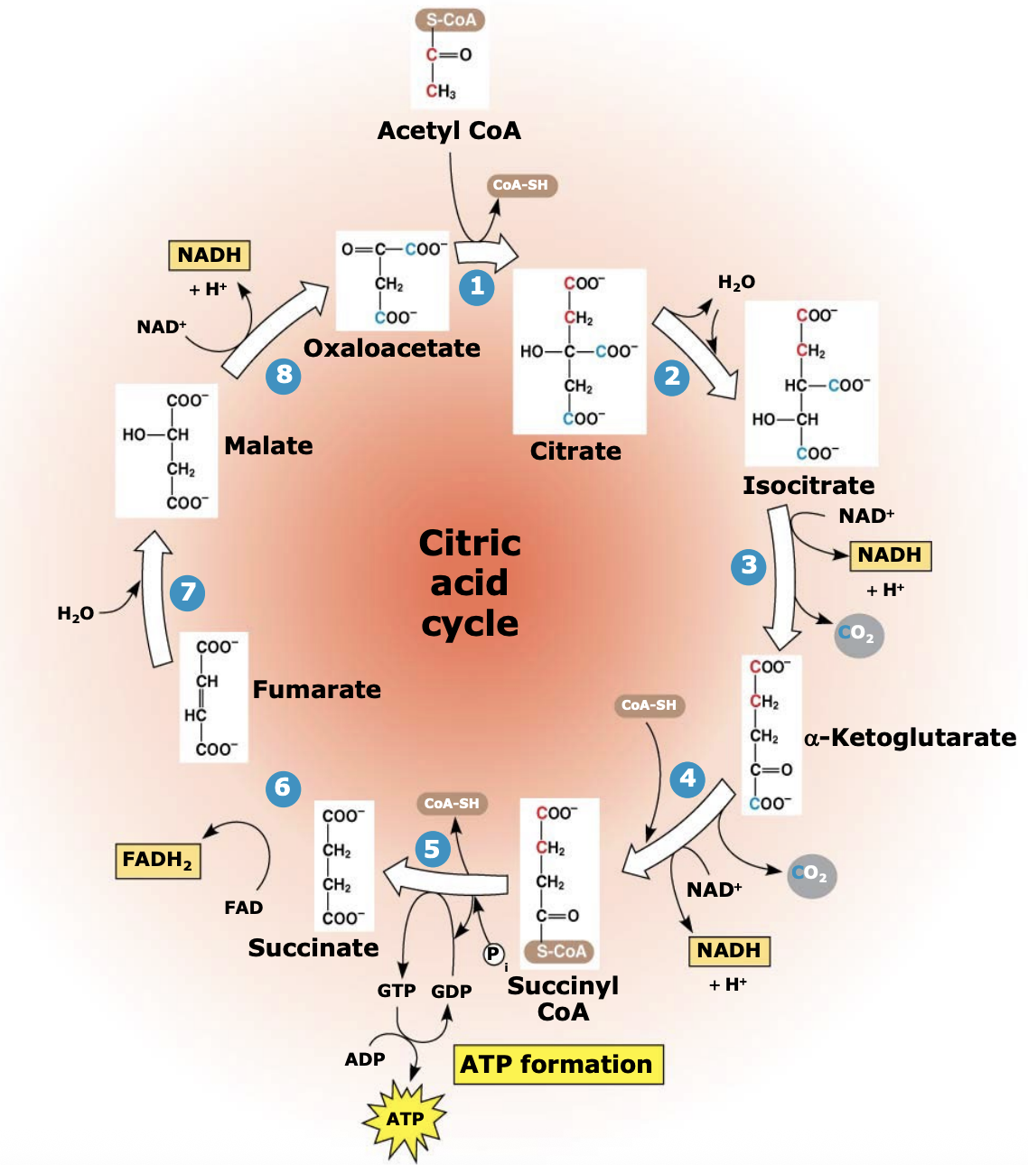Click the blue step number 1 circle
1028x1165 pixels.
click(x=477, y=287)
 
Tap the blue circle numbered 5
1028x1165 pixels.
click(x=433, y=849)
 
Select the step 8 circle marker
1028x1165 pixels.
click(x=284, y=374)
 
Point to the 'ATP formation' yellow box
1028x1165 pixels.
click(x=557, y=1065)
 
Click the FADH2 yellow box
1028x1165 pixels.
click(x=157, y=860)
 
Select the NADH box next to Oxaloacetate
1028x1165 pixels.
click(x=210, y=256)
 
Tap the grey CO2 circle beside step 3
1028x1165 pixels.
click(x=858, y=634)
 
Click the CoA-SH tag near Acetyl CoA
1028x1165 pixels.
click(x=520, y=185)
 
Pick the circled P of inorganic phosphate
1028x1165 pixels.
click(x=493, y=954)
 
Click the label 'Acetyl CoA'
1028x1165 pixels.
click(x=449, y=131)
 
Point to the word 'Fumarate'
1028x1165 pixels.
click(x=316, y=690)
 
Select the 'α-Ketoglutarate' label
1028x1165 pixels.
click(x=910, y=738)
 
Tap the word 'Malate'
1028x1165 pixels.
click(x=268, y=446)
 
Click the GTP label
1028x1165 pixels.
click(x=397, y=991)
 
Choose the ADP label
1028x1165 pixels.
click(x=365, y=1059)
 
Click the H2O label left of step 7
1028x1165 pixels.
click(x=76, y=614)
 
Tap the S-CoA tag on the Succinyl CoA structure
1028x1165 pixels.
click(x=561, y=951)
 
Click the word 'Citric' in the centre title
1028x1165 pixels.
click(x=470, y=544)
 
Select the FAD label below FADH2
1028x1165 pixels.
click(x=243, y=908)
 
